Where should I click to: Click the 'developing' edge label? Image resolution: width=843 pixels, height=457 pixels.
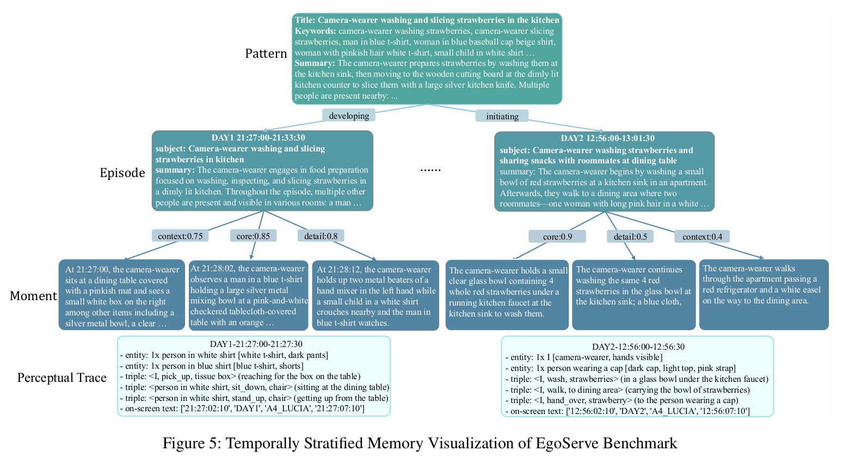point(348,115)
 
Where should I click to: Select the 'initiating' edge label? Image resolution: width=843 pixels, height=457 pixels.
point(502,116)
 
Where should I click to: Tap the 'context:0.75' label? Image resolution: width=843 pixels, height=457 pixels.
point(180,236)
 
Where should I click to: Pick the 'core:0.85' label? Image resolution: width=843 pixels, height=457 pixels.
point(253,236)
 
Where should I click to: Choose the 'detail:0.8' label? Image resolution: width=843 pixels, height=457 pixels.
point(321,236)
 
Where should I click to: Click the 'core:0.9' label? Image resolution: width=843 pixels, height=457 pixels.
point(557,236)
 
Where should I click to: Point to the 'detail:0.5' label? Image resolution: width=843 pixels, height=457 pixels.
point(630,236)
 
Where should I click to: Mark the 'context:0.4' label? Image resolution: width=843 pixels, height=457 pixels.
point(702,236)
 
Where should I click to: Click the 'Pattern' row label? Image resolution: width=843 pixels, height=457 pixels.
point(266,53)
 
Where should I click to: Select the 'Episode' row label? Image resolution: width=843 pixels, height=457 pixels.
point(122,173)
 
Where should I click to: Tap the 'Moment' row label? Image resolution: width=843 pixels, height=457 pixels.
point(34,296)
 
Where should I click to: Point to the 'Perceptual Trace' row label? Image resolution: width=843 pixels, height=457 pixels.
point(62,377)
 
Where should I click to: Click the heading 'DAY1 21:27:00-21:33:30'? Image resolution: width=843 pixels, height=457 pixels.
point(258,137)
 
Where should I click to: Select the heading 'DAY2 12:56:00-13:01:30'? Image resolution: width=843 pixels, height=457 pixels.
point(608,138)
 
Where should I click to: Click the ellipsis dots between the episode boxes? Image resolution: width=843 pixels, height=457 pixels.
point(430,170)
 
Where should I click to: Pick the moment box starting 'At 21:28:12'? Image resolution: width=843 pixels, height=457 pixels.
point(376,295)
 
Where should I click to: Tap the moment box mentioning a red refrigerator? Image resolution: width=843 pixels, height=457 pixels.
point(764,295)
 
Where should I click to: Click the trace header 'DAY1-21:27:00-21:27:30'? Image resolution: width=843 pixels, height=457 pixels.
point(256,344)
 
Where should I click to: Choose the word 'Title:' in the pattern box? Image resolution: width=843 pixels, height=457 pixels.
point(305,20)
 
